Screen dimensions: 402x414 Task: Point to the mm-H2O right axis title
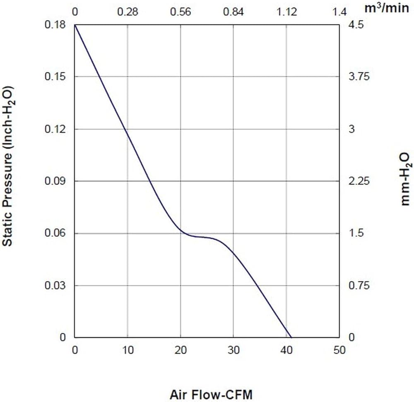point(404,178)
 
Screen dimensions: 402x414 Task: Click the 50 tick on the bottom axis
point(339,350)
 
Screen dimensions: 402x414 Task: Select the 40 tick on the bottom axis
point(286,350)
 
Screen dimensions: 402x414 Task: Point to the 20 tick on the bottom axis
point(181,350)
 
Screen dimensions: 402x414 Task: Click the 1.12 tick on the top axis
point(286,12)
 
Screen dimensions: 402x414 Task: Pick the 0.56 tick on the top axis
point(181,12)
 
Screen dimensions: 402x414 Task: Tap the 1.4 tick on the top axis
point(339,12)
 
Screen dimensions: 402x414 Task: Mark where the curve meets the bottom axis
point(291,337)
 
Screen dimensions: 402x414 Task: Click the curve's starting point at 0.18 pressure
point(75,25)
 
